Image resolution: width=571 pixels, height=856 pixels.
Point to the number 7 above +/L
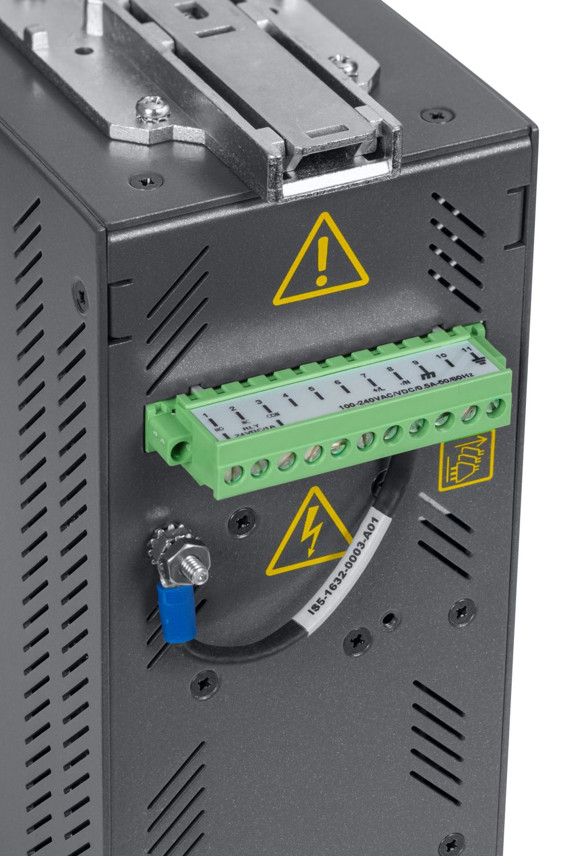(364, 376)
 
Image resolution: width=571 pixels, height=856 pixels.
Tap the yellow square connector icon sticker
(467, 460)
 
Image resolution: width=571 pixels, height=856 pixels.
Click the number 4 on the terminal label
(285, 395)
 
